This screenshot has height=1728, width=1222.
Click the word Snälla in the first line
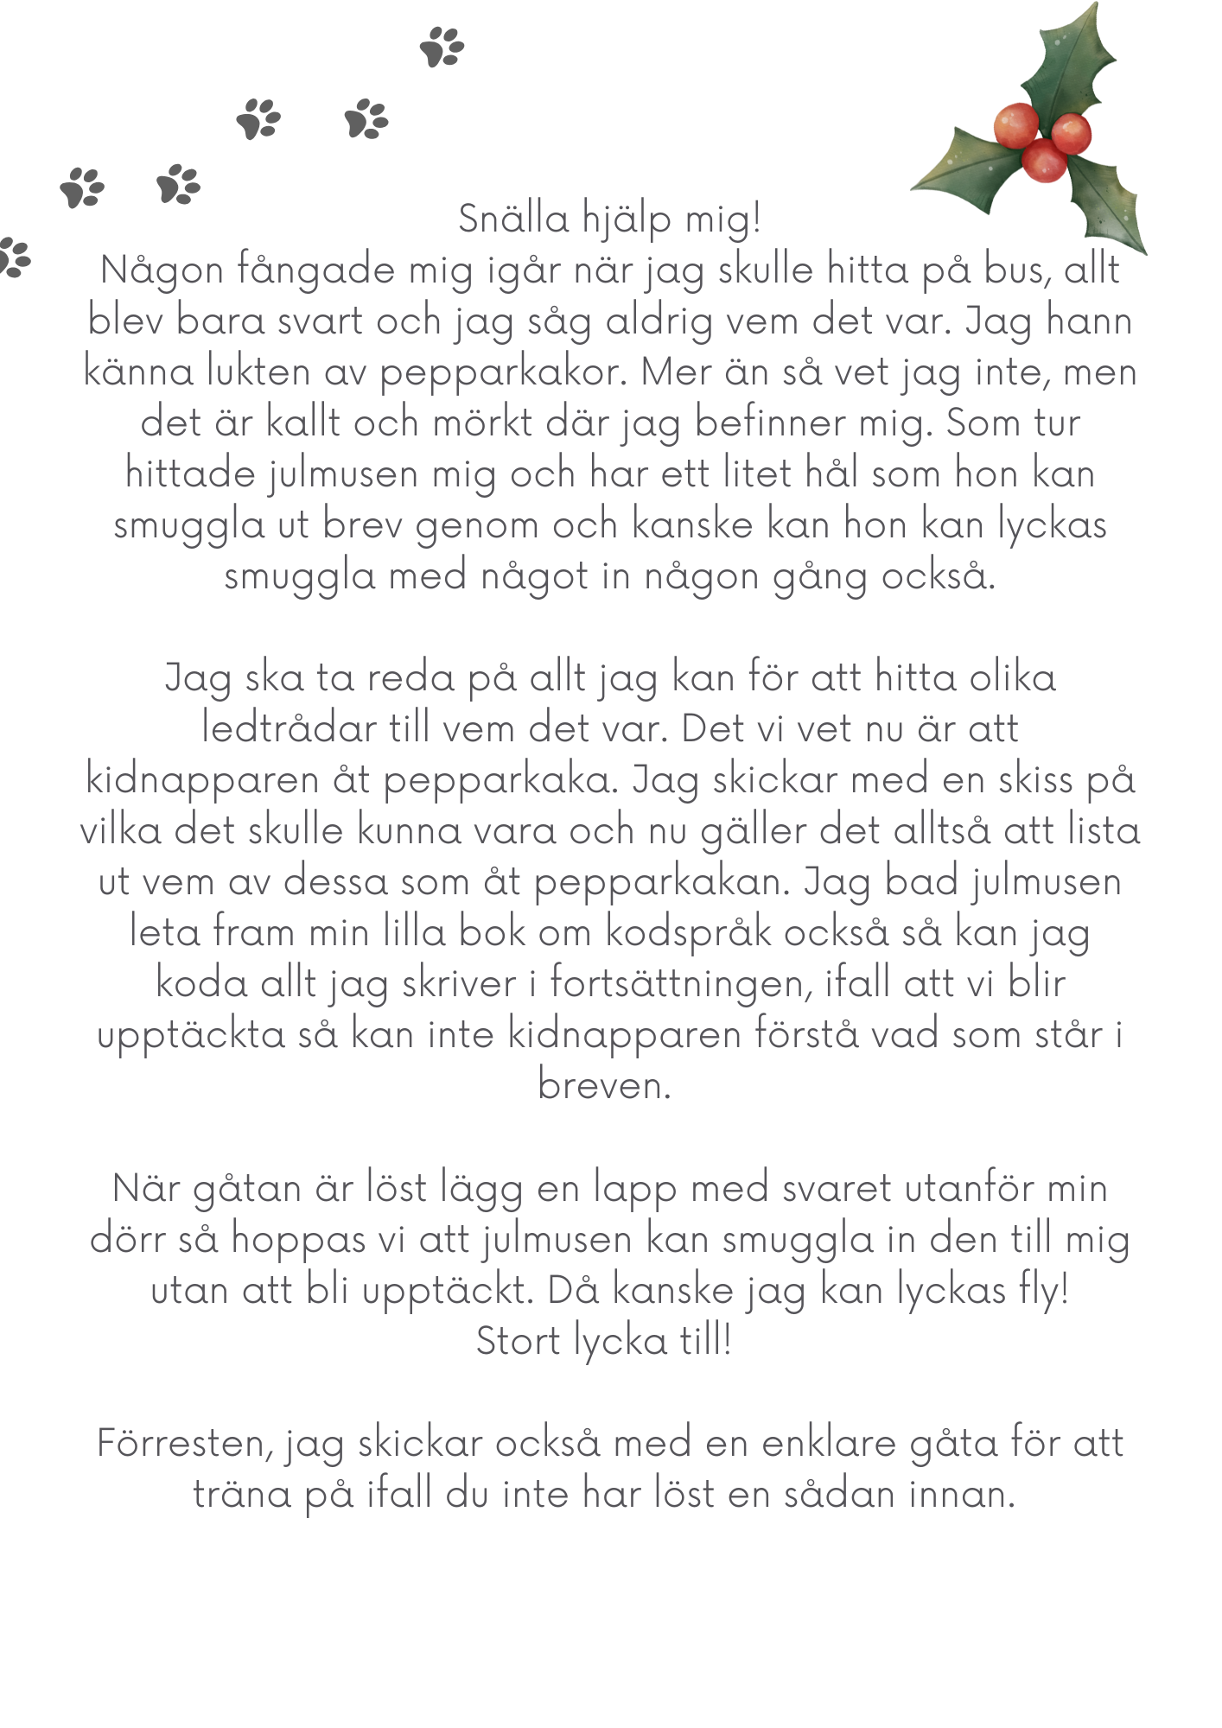coord(513,219)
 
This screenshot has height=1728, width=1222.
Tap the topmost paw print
coord(442,47)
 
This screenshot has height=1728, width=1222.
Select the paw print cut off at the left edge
coord(14,257)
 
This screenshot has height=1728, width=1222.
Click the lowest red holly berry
coord(1044,161)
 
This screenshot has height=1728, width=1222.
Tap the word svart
coord(312,321)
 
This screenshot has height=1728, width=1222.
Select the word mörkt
coord(483,423)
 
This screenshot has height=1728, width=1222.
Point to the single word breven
coord(604,1086)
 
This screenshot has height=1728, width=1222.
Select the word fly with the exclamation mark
coord(1044,1291)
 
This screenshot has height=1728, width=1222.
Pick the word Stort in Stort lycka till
coord(518,1342)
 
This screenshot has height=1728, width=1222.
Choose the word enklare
coord(829,1444)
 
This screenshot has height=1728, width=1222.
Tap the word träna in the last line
coord(241,1495)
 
